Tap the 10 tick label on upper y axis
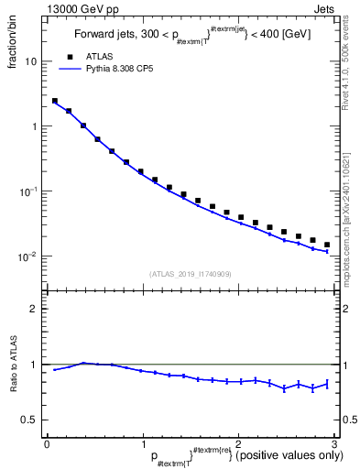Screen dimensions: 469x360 30,61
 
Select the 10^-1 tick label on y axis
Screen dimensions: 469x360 27,191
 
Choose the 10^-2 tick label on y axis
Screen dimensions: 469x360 27,256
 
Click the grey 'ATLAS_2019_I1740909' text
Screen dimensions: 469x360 190,274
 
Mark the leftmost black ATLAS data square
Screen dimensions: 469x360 55,101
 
